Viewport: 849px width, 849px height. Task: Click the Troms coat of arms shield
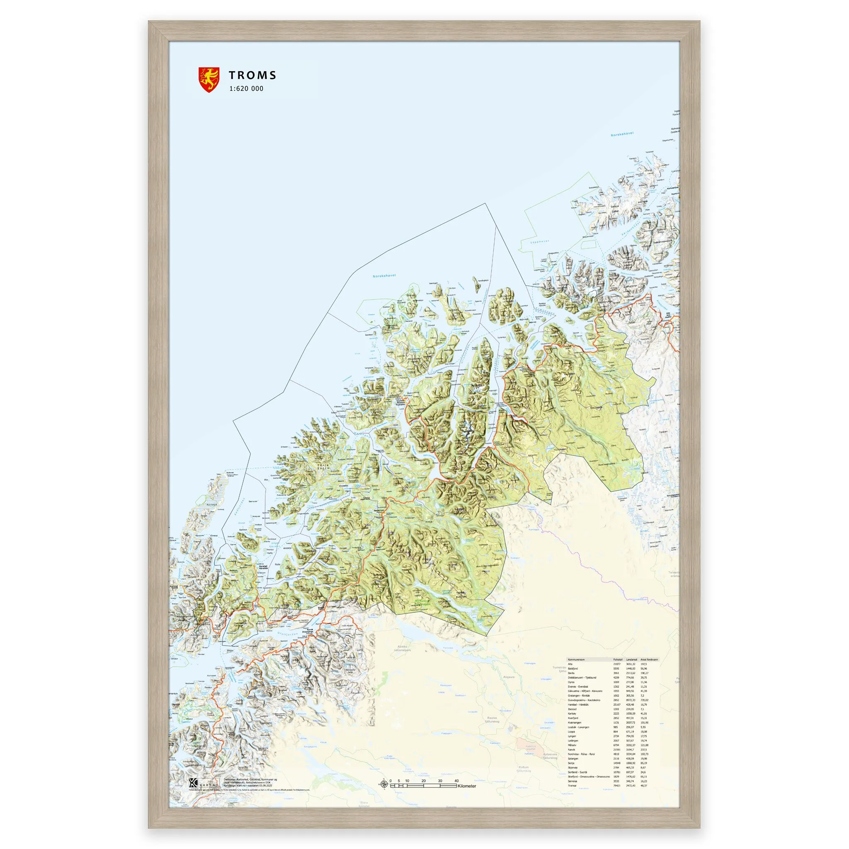209,80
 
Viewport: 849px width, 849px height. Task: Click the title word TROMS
252,75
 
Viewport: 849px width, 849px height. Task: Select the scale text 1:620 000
246,88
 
